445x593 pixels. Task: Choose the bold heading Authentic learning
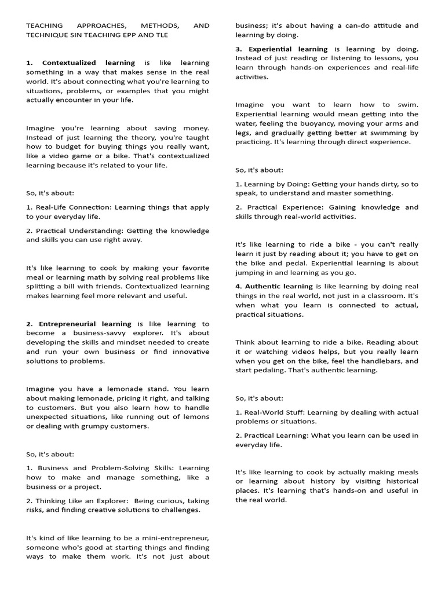click(279, 287)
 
